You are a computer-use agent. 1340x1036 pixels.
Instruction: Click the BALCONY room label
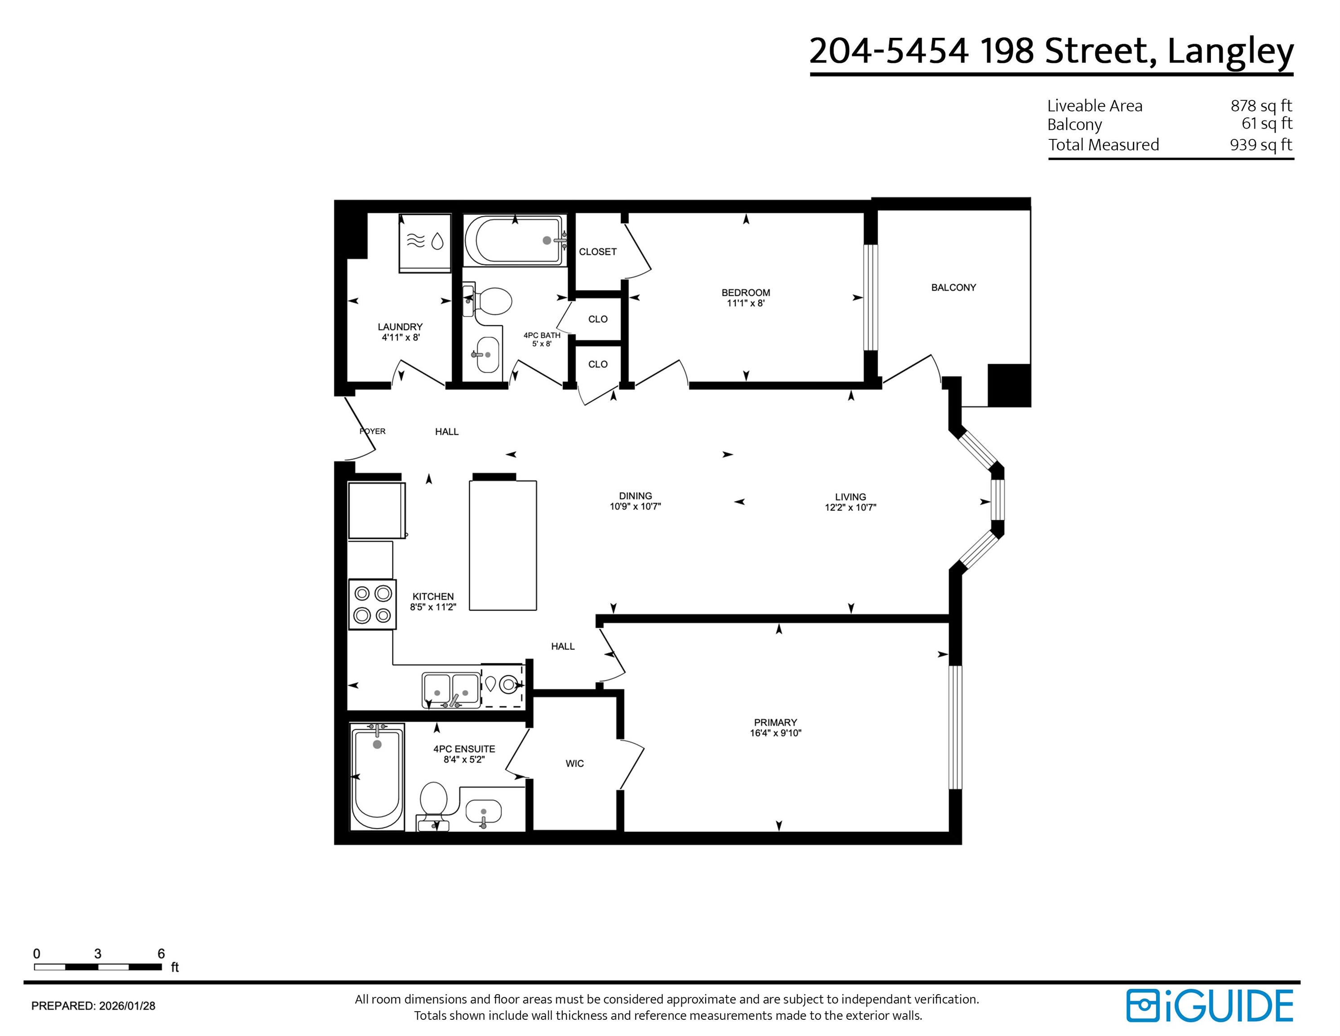(953, 287)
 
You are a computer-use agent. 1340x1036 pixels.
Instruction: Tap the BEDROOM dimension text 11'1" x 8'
(745, 303)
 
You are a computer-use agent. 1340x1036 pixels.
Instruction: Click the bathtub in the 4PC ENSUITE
(377, 777)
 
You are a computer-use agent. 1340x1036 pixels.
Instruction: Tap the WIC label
(574, 764)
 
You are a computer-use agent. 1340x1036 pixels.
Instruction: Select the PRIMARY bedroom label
(775, 723)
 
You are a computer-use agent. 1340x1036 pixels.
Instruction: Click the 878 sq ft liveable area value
(1261, 106)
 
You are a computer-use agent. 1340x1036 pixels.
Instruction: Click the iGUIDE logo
(1209, 1006)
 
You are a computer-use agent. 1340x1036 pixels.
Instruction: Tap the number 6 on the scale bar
(161, 954)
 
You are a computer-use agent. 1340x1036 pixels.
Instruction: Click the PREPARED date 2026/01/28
(127, 1006)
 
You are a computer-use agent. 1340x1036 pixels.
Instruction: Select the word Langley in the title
(1230, 52)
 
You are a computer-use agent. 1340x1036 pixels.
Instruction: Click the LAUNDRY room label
(400, 326)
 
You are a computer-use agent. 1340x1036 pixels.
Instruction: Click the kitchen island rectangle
(503, 545)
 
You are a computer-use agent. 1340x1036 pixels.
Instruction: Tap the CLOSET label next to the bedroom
(597, 252)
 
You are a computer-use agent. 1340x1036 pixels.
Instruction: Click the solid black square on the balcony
(1009, 385)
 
